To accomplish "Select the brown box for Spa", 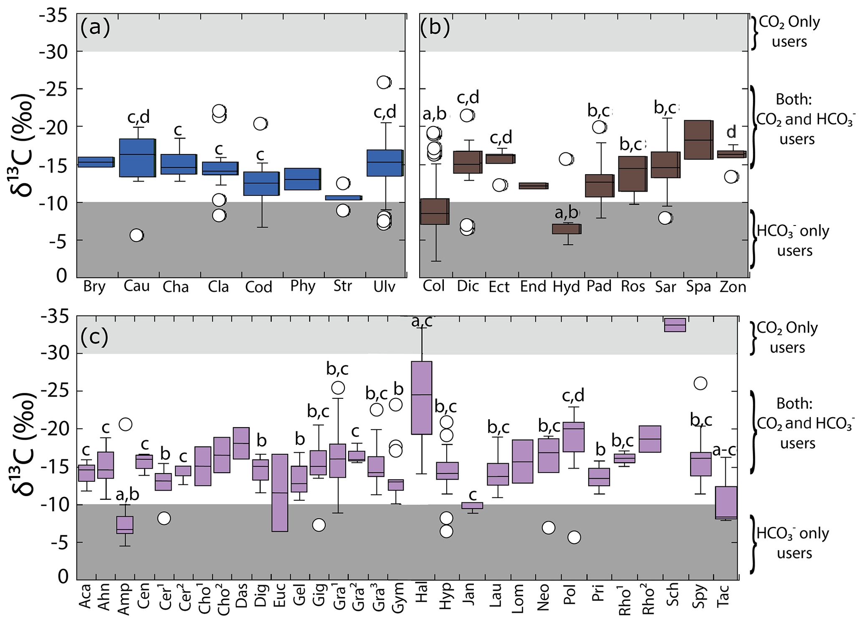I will tap(698, 140).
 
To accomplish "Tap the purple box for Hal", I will tap(422, 398).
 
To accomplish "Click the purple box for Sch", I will tap(675, 324).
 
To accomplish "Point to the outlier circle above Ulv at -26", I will tap(384, 82).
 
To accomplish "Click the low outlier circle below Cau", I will tap(137, 236).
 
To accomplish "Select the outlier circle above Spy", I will tap(700, 383).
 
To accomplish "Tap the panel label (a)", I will tap(96, 28).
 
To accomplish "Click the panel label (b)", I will tap(435, 28).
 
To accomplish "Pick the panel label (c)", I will tap(95, 337).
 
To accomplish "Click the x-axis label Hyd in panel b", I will tap(567, 287).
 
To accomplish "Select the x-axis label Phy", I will tap(303, 287).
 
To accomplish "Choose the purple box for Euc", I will tap(280, 493).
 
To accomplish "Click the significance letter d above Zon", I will tap(731, 132).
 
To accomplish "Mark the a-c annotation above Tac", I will tap(724, 450).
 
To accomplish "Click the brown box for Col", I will tap(435, 212).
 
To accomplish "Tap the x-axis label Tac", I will tap(724, 595).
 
